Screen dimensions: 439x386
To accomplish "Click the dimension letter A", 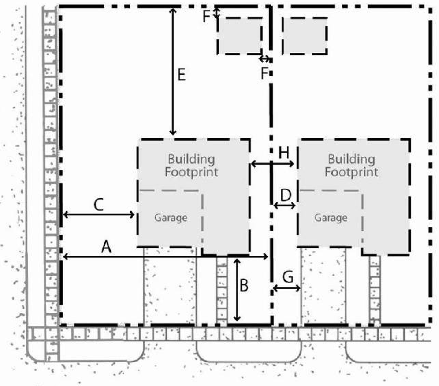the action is tap(106, 247).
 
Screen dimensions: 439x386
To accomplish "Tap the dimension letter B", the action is tap(244, 286).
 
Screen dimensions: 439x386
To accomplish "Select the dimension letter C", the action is tap(99, 205).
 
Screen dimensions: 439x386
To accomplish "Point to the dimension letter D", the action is tap(286, 195).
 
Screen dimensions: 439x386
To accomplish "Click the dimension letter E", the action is tap(182, 75).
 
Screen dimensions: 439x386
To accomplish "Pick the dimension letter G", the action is tap(288, 277).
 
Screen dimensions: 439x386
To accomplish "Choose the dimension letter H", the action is tap(284, 153).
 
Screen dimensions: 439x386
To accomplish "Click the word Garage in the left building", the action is tap(171, 218).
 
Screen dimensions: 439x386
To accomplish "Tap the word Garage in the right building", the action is tap(331, 218).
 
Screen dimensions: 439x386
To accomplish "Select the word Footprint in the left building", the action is tap(192, 172).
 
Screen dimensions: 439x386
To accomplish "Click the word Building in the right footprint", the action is tap(351, 159).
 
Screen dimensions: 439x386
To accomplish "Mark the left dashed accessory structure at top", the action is tap(240, 36).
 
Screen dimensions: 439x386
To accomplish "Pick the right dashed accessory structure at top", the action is tap(305, 36).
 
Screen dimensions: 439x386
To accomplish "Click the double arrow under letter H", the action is tap(273, 164).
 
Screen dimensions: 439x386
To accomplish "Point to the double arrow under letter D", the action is tap(285, 206).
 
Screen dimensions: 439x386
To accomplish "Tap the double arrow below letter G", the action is tap(287, 288).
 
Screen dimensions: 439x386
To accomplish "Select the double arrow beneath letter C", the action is tap(99, 215).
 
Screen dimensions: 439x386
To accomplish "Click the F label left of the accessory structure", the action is tap(206, 17).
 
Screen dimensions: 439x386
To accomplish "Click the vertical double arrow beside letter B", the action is tap(237, 290).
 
